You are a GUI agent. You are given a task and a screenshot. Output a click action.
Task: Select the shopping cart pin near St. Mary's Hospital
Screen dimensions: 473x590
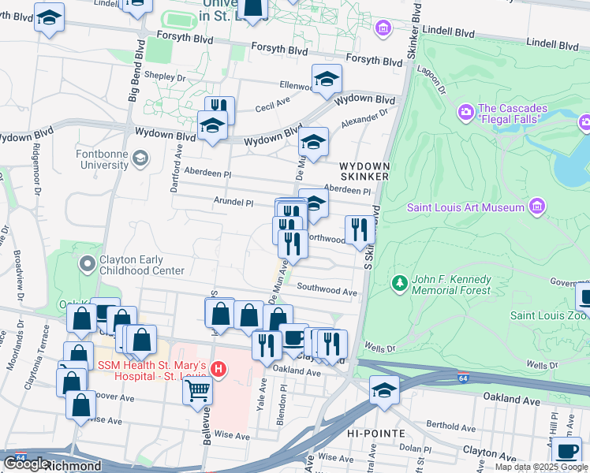click(x=197, y=389)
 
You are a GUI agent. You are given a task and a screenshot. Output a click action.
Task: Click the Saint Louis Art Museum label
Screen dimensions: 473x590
click(x=465, y=207)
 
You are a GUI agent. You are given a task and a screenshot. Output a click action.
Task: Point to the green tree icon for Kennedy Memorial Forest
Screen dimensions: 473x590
click(x=400, y=282)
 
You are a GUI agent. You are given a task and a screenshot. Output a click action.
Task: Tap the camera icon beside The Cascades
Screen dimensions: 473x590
click(x=465, y=113)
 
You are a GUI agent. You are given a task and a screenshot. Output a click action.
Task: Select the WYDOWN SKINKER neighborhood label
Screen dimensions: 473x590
click(x=363, y=172)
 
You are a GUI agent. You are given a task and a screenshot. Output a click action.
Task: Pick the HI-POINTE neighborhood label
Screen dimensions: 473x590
click(x=375, y=434)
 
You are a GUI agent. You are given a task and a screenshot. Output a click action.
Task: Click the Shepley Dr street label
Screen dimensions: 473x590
click(x=169, y=78)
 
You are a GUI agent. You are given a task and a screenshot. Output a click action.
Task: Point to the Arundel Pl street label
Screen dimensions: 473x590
click(x=233, y=203)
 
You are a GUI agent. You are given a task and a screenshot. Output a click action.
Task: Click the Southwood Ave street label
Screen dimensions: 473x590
click(x=327, y=291)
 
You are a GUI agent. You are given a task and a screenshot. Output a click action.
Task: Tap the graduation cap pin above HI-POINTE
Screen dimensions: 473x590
click(x=384, y=391)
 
